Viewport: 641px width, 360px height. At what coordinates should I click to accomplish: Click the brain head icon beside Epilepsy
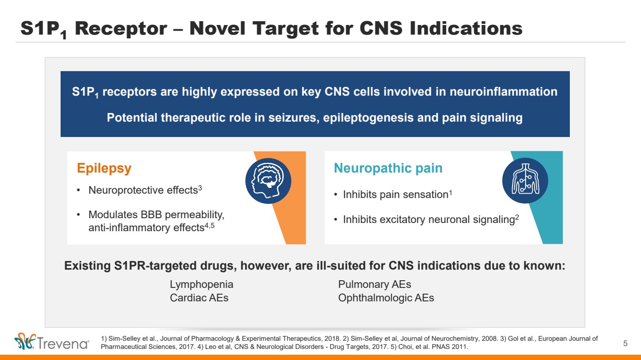[268, 181]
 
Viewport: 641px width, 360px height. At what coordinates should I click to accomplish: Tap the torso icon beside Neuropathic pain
[525, 180]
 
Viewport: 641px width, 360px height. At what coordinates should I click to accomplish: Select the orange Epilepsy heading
[104, 168]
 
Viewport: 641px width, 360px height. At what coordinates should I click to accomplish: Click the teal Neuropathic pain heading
[388, 168]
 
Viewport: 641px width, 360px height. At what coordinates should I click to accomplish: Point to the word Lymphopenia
[201, 285]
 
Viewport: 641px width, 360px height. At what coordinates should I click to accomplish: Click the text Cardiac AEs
[199, 298]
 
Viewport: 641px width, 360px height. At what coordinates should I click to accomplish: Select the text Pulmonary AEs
[375, 284]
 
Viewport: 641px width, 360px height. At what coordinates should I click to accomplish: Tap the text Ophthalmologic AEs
[386, 298]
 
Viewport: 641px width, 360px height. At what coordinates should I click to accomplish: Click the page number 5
[625, 343]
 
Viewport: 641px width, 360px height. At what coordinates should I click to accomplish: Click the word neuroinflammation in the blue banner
[503, 92]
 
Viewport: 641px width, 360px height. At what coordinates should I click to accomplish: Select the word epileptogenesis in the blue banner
[368, 118]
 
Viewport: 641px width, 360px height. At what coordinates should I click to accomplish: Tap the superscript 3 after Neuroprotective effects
[200, 187]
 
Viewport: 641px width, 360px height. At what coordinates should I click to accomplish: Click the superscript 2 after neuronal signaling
[517, 217]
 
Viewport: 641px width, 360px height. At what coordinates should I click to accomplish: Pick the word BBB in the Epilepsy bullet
[151, 214]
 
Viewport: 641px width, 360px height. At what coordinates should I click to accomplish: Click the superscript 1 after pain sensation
[451, 192]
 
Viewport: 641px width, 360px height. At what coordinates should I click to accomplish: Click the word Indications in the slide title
[466, 28]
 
